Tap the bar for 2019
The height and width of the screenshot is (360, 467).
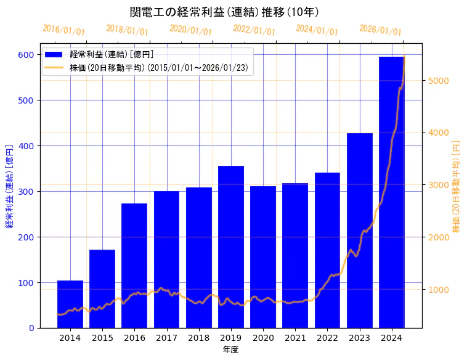pos(231,247)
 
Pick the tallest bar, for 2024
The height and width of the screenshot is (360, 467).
pos(392,192)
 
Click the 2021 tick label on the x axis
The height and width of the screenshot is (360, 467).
pos(295,338)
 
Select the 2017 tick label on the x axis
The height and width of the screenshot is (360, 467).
pos(166,338)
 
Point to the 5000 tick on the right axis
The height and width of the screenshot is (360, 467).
pos(440,81)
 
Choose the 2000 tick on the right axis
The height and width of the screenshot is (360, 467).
pos(440,237)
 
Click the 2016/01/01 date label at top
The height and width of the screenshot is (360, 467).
pos(64,30)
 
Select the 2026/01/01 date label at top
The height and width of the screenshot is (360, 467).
pos(380,30)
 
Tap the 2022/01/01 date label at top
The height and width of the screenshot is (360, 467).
pos(254,30)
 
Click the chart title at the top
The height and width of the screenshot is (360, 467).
pos(224,12)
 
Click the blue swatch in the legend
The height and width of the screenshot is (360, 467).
pos(54,55)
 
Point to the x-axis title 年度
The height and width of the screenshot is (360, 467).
pos(230,350)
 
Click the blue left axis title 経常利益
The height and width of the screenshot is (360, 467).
pos(9,186)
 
